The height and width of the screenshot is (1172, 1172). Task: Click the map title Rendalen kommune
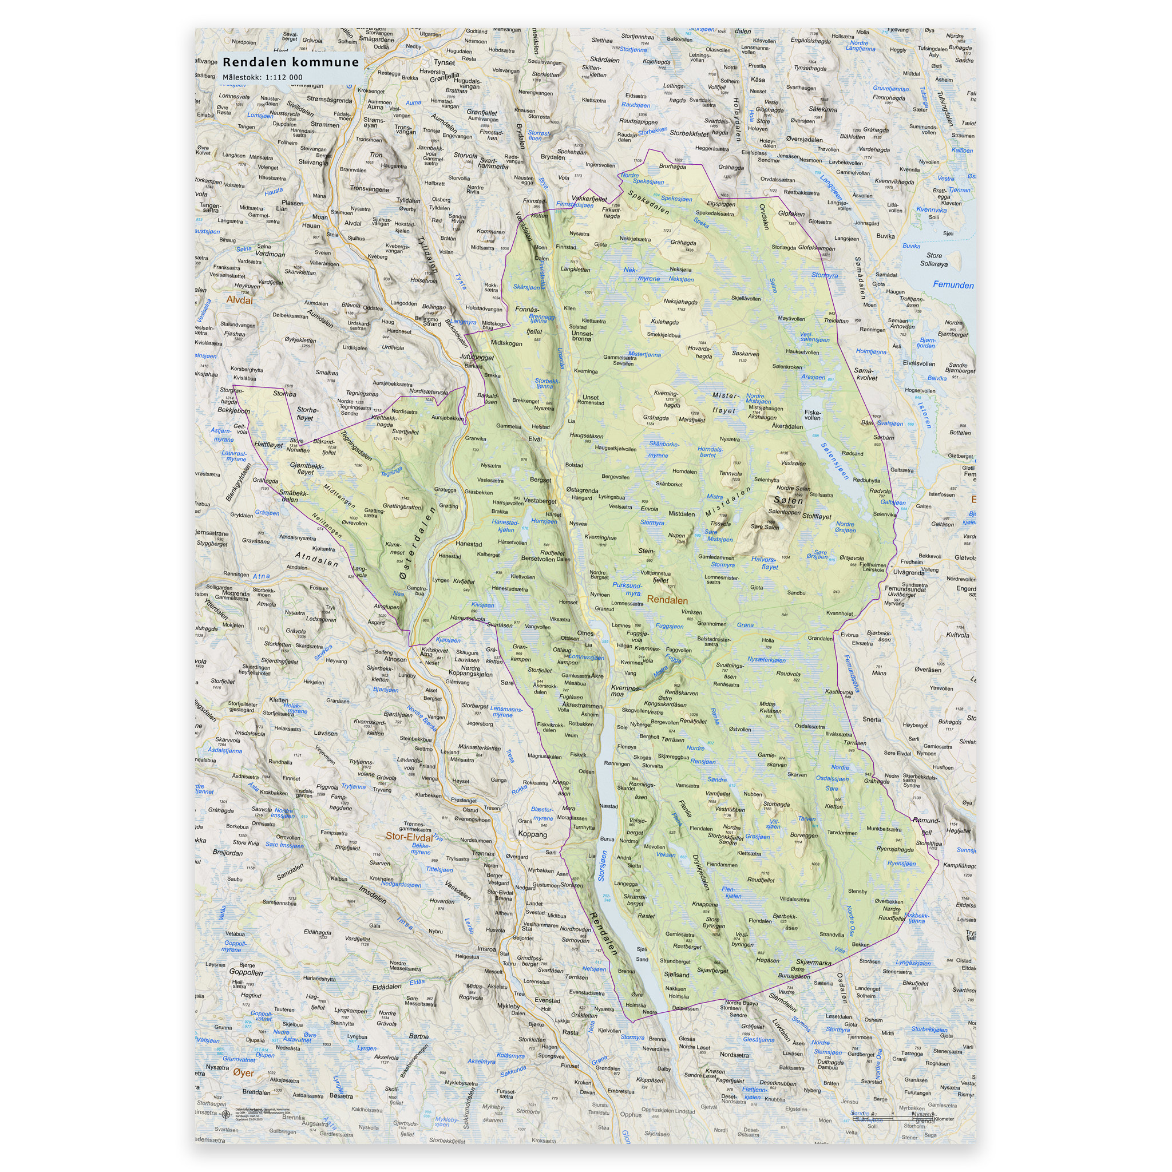(291, 62)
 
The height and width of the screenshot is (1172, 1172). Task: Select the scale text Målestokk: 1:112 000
(262, 78)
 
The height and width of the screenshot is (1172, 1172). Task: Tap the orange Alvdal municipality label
(239, 300)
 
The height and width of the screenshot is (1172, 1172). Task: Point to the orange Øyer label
(243, 1073)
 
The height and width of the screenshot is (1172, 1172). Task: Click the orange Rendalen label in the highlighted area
(667, 600)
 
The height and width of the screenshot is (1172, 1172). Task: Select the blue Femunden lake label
(953, 285)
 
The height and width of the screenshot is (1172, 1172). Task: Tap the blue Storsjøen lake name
(603, 866)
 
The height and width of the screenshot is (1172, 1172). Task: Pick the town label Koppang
(532, 835)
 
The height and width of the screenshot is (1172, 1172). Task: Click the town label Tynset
(444, 62)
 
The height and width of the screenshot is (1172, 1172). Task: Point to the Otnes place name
(585, 633)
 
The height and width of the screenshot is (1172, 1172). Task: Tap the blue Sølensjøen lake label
(835, 461)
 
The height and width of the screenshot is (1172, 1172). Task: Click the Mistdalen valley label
(727, 502)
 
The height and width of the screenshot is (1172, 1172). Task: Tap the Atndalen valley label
(316, 559)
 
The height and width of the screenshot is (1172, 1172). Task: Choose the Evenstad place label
(547, 1001)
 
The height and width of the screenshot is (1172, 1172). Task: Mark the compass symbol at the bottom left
(226, 1112)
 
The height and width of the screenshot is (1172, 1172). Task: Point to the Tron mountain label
(376, 155)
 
